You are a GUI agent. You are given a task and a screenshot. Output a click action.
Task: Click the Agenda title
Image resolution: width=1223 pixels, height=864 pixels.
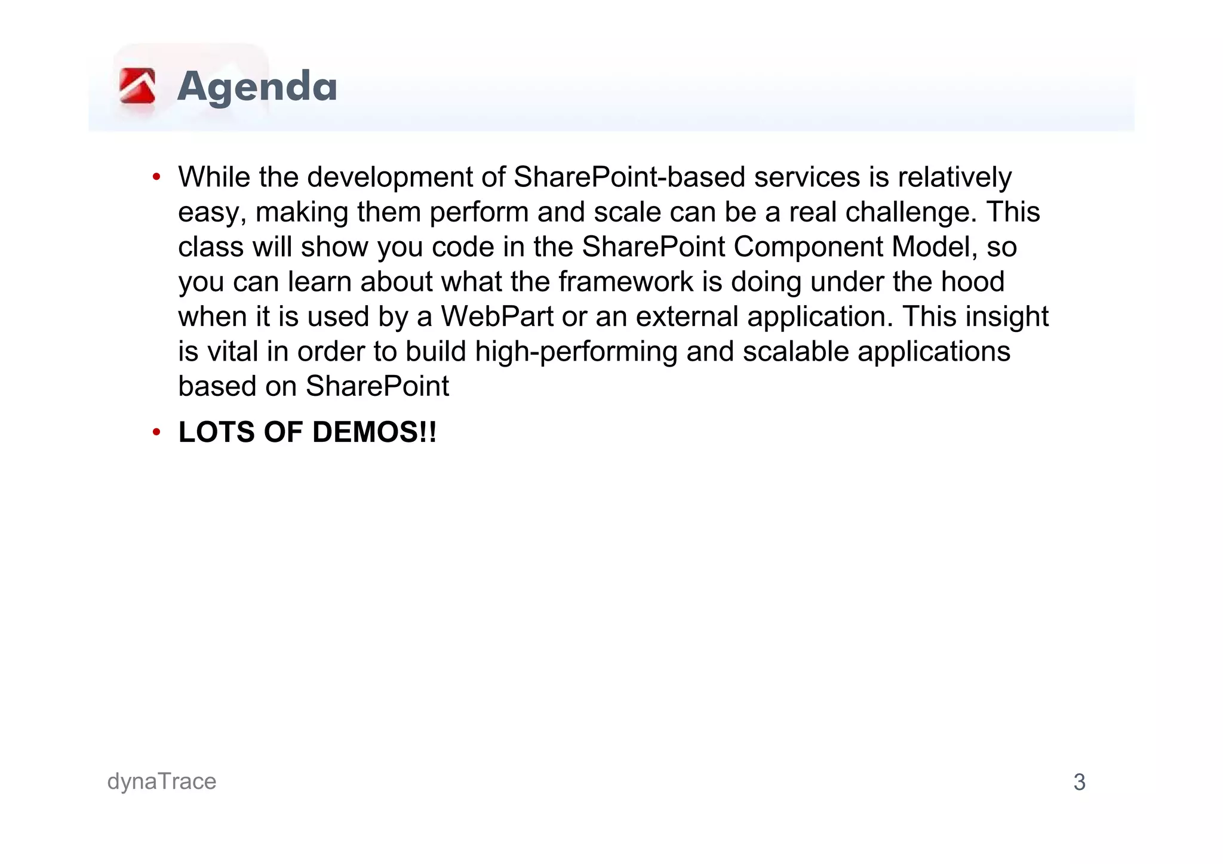pos(257,87)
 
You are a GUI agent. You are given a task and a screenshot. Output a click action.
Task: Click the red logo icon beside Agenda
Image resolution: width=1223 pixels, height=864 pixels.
pos(137,87)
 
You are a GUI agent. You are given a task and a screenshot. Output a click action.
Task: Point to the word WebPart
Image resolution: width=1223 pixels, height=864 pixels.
pos(497,316)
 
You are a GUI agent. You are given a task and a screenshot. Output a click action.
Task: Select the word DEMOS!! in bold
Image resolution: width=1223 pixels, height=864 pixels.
pos(374,432)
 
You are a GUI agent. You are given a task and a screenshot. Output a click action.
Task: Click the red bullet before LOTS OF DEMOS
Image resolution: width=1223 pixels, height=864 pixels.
pos(156,432)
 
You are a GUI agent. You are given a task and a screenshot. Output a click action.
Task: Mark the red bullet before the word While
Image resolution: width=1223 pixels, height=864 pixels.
pos(156,177)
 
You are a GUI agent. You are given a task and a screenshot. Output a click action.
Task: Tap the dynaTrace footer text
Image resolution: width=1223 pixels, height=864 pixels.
pos(162,782)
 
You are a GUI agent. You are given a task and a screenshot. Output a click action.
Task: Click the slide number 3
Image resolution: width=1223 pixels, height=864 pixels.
pos(1079,782)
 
